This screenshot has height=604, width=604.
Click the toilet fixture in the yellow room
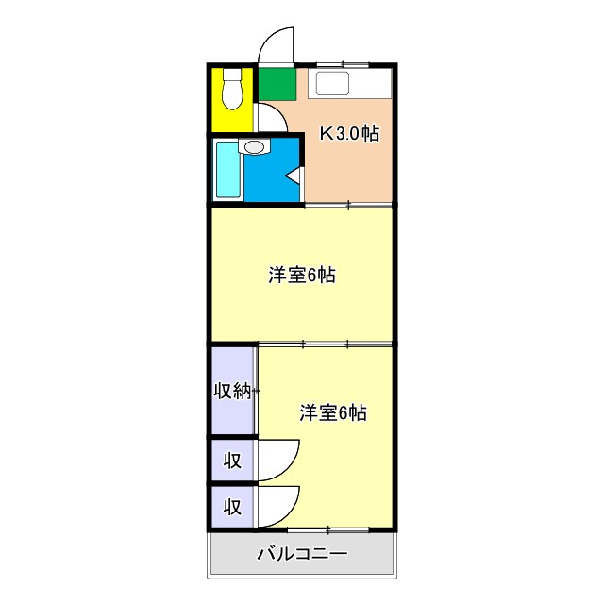[231, 92]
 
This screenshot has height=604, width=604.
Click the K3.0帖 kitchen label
[349, 134]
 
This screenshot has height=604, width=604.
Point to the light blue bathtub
[227, 169]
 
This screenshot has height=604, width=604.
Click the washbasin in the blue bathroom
[255, 146]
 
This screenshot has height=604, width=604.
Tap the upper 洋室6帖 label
[302, 276]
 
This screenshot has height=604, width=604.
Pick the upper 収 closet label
[232, 461]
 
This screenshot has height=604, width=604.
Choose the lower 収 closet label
[232, 507]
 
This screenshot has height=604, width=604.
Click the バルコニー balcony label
[302, 554]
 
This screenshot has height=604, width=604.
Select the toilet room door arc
[271, 118]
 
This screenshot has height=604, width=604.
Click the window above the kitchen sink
[343, 64]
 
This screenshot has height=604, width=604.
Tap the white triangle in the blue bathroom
[294, 176]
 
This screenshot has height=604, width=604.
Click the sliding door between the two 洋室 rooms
[326, 344]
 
